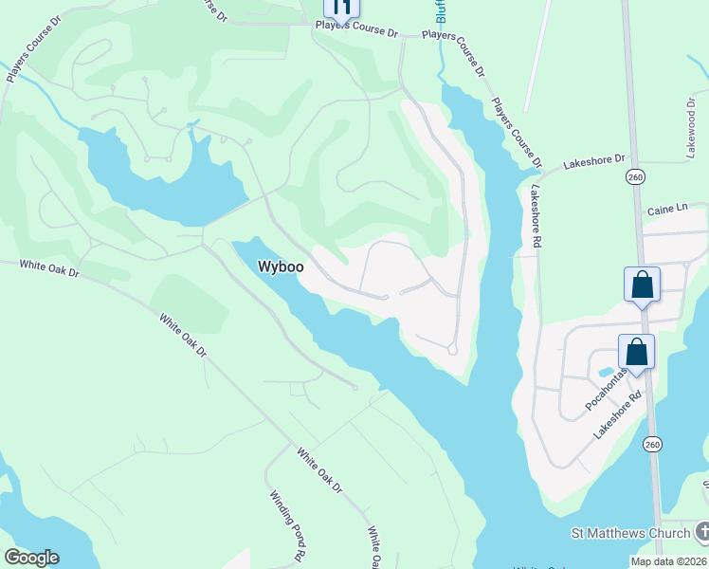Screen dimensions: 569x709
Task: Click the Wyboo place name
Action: (x=281, y=267)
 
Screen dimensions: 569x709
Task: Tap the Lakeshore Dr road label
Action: (x=595, y=162)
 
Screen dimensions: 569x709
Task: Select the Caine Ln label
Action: (x=665, y=210)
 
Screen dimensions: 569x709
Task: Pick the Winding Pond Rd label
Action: (x=286, y=523)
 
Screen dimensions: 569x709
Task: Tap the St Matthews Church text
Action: (x=630, y=533)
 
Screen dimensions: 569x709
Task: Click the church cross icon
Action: (x=700, y=533)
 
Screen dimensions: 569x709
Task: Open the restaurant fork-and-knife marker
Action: (x=342, y=9)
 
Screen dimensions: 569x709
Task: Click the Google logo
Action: (x=31, y=557)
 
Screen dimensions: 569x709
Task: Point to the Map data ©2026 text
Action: (x=668, y=561)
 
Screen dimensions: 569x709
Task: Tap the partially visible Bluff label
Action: (x=441, y=10)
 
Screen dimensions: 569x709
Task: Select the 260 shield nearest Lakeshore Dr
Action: (x=635, y=177)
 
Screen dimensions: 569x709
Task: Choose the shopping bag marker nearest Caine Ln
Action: (x=642, y=285)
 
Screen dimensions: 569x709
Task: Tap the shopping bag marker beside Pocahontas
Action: (x=637, y=352)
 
